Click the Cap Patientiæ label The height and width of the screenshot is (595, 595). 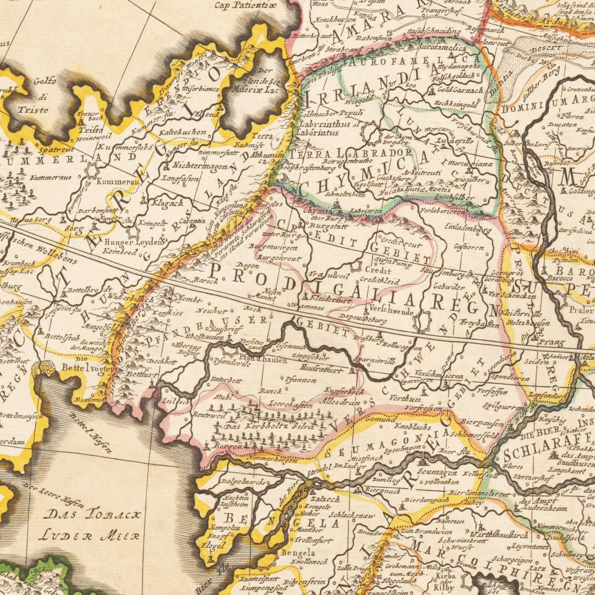pyautogui.click(x=247, y=5)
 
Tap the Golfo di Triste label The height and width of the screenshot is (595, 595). pyautogui.click(x=33, y=96)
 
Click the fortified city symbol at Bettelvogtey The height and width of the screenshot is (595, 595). pyautogui.click(x=46, y=367)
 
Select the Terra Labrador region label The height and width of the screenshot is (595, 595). pyautogui.click(x=352, y=153)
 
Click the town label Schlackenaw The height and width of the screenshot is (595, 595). pyautogui.click(x=352, y=515)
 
